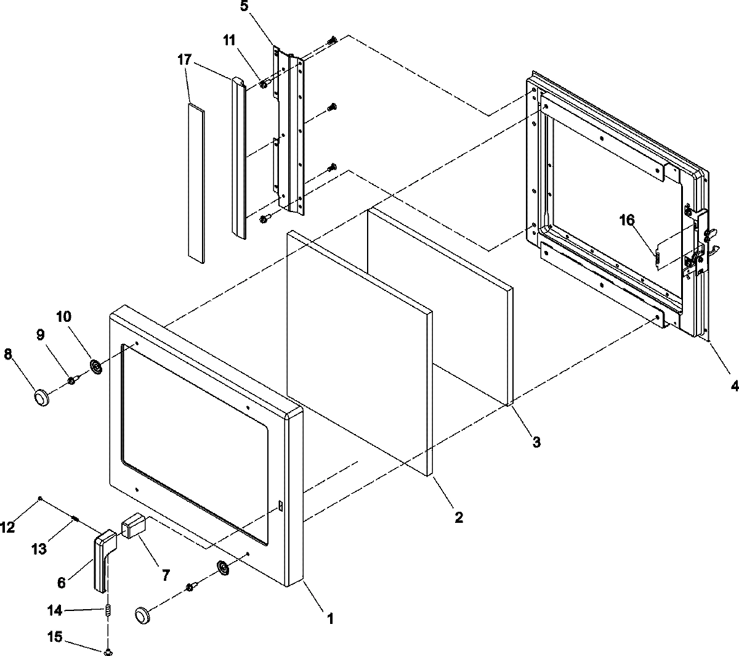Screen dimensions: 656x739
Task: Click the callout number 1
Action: coord(330,617)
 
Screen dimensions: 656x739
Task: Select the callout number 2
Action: coord(458,517)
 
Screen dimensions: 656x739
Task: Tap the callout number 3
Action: coord(536,441)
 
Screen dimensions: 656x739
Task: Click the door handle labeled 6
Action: coord(103,561)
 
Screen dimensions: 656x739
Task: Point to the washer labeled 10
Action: coord(96,367)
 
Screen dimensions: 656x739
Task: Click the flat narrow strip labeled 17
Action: coord(195,183)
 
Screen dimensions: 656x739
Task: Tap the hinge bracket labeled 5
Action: coord(289,129)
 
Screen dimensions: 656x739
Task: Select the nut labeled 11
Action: coord(263,84)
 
